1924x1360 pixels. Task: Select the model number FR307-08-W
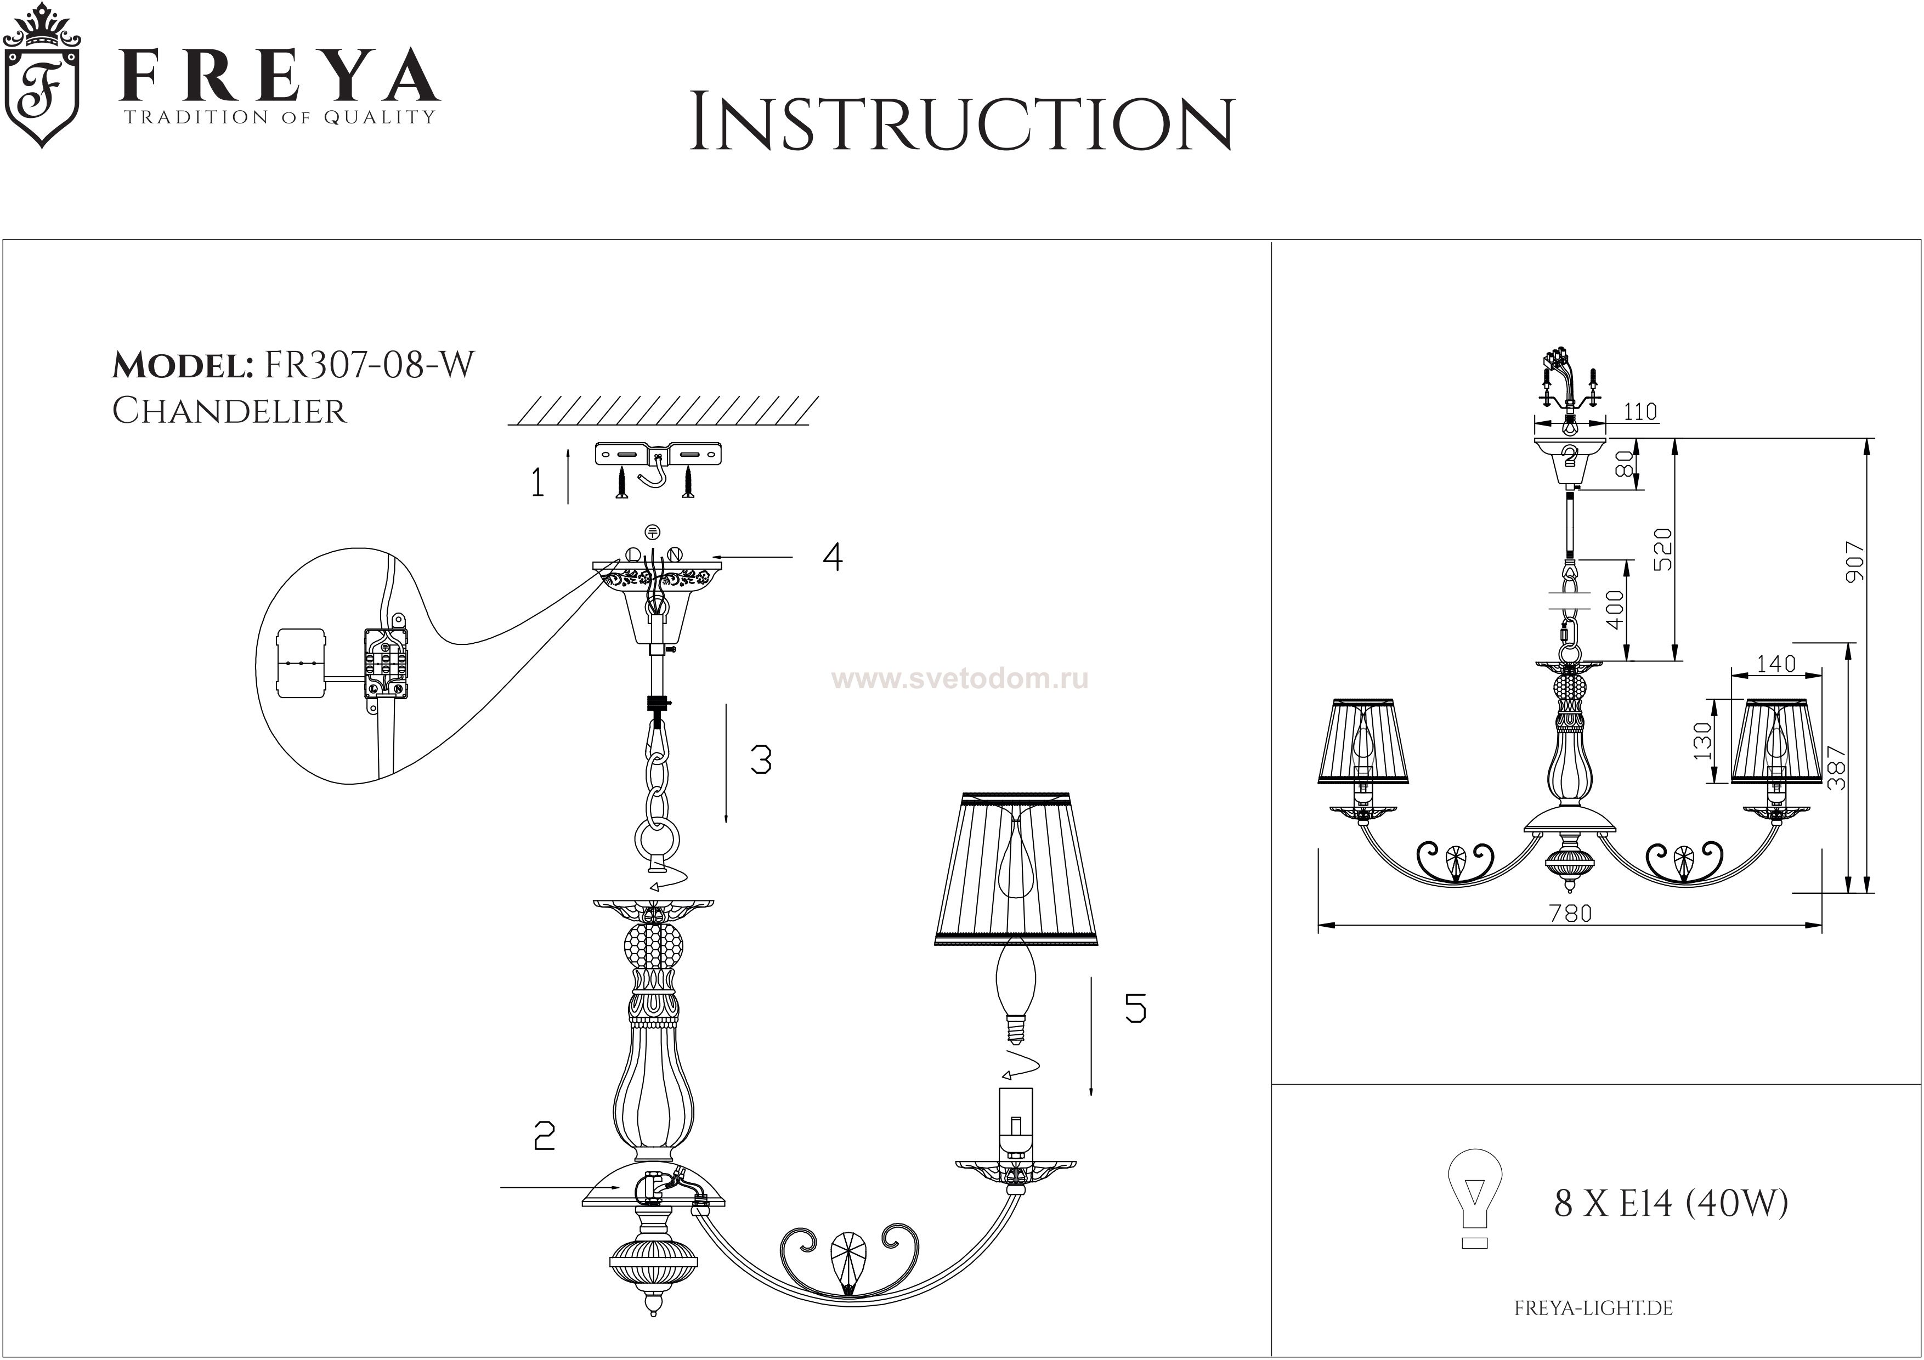369,365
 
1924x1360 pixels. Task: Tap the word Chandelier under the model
229,411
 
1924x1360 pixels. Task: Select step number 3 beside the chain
761,760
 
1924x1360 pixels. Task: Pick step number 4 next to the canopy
832,557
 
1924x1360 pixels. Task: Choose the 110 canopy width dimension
1640,411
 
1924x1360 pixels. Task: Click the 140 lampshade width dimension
1776,664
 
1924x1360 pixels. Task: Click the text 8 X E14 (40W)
1672,1203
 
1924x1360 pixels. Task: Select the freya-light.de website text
1593,1308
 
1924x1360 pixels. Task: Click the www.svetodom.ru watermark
959,679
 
